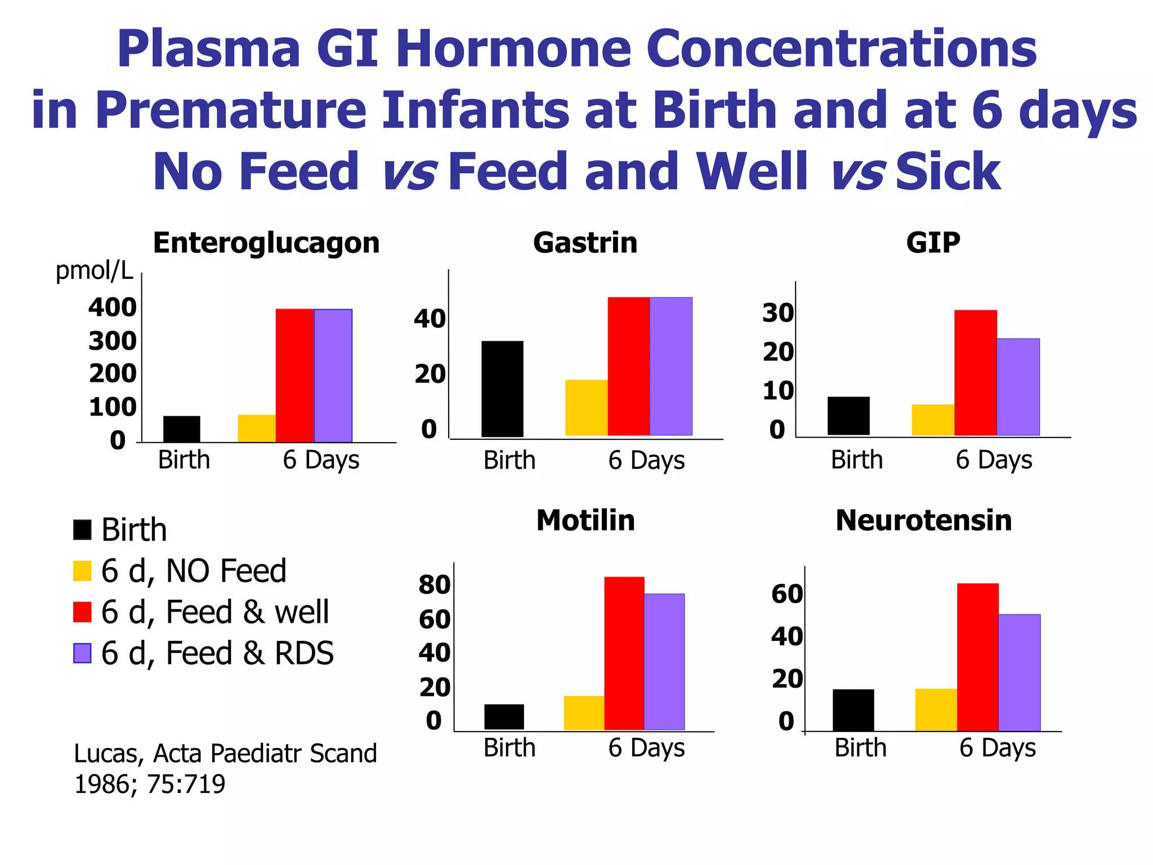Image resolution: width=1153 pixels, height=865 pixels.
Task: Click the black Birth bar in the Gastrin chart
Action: click(x=502, y=389)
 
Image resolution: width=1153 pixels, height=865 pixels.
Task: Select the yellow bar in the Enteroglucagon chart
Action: click(x=257, y=429)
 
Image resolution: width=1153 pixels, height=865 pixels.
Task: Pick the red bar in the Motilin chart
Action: click(x=624, y=653)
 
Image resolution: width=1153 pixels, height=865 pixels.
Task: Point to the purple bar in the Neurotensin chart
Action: click(x=1019, y=672)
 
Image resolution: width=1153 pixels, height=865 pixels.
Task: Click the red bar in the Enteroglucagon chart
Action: click(x=294, y=375)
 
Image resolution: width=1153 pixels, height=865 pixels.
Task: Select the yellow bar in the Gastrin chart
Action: click(x=586, y=407)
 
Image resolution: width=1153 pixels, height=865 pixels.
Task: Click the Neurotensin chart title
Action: click(x=923, y=520)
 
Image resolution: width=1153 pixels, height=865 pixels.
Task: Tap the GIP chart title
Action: click(x=933, y=243)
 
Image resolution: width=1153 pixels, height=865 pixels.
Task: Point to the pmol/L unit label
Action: click(x=94, y=271)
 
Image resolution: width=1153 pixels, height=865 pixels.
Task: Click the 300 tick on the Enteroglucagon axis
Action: click(x=113, y=341)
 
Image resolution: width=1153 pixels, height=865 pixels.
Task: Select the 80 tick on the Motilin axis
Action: click(x=434, y=585)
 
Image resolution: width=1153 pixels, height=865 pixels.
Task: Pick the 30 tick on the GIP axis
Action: click(x=778, y=313)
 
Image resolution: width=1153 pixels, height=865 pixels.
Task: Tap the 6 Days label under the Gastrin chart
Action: click(x=646, y=461)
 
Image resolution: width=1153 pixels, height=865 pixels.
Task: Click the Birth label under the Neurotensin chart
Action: click(x=860, y=748)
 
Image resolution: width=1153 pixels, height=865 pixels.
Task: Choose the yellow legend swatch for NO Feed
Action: click(x=82, y=570)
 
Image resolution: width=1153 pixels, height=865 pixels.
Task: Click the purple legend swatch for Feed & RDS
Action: click(x=82, y=653)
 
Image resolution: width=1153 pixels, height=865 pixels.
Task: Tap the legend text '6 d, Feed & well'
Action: click(x=214, y=612)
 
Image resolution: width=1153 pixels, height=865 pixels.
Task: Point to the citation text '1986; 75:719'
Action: click(x=150, y=784)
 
